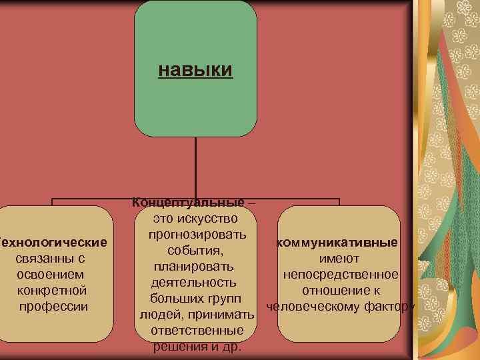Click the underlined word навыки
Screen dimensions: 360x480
point(195,69)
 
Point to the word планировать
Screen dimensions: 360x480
point(193,267)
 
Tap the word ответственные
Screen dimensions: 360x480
point(197,331)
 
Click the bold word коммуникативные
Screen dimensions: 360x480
point(339,242)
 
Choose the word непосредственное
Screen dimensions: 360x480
point(341,275)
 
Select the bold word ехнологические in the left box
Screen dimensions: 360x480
point(54,241)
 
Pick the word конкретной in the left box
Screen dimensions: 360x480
point(52,291)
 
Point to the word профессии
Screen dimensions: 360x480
point(53,307)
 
